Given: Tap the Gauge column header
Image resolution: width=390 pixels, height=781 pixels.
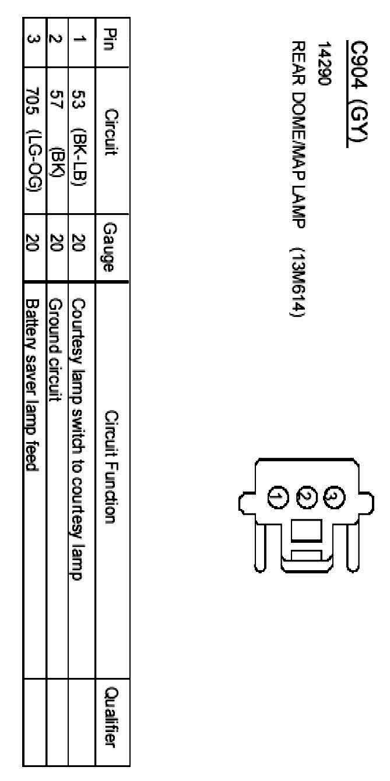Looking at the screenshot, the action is point(108,247).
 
